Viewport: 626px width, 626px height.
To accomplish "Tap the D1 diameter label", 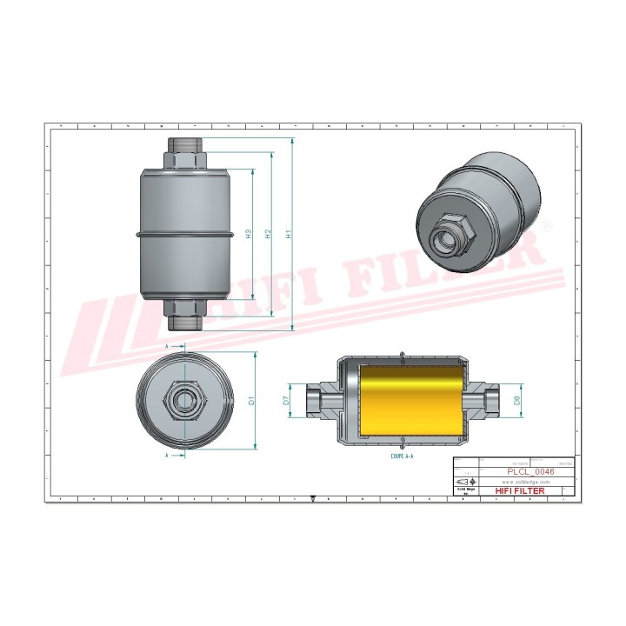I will (252, 401).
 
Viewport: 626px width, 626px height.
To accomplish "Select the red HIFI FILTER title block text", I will (520, 491).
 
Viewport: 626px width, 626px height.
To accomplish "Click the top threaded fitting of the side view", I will (184, 153).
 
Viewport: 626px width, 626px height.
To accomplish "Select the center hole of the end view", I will (184, 401).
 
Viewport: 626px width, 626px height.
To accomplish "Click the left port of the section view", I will (316, 401).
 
